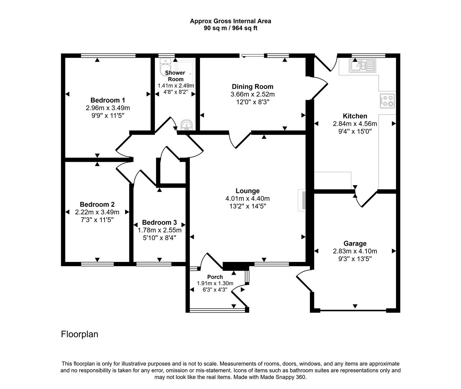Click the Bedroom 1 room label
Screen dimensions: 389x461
(108, 100)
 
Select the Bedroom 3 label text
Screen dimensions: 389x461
(159, 223)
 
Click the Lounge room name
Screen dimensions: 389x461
(247, 191)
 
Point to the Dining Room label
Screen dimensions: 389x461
(252, 86)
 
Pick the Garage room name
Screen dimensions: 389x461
(355, 243)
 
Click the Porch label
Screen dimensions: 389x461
(215, 277)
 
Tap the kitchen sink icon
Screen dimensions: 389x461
(362, 66)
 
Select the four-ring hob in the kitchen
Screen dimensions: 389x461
(387, 100)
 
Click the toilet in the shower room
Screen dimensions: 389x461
(166, 67)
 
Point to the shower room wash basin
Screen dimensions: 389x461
(187, 125)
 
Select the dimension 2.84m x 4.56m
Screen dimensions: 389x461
(355, 124)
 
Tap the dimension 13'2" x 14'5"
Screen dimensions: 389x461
(247, 206)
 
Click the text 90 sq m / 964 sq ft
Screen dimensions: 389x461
(230, 28)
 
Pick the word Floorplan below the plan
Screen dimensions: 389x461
(79, 334)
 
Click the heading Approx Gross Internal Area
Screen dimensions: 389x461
(230, 21)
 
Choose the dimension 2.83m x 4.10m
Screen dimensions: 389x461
(355, 251)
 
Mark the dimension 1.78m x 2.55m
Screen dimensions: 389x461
(159, 230)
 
